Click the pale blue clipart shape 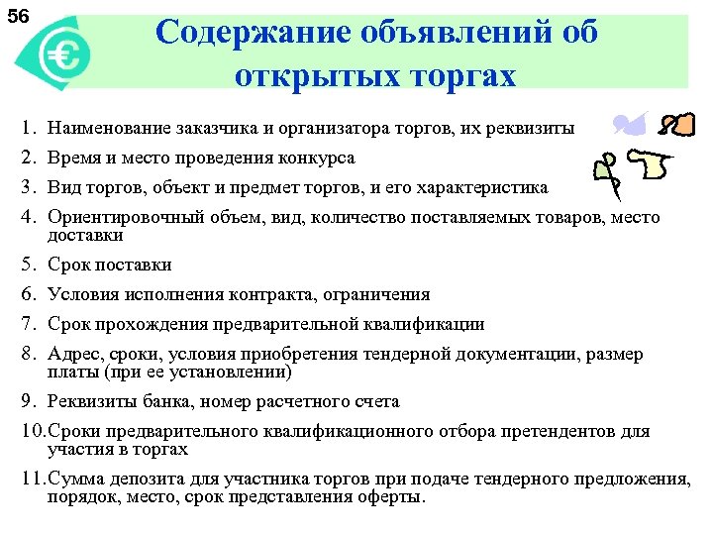(x=630, y=125)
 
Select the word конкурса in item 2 (x=316, y=158)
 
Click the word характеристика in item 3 (x=487, y=187)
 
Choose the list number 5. (x=29, y=265)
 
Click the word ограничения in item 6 (x=380, y=294)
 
